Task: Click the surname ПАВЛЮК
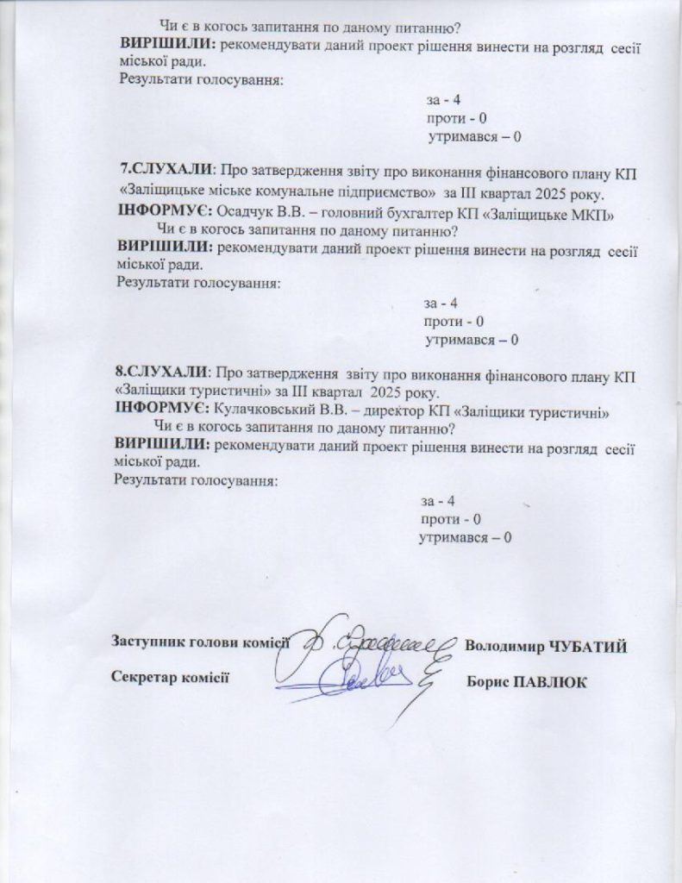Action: (x=550, y=682)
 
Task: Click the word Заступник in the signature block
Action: (x=145, y=642)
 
